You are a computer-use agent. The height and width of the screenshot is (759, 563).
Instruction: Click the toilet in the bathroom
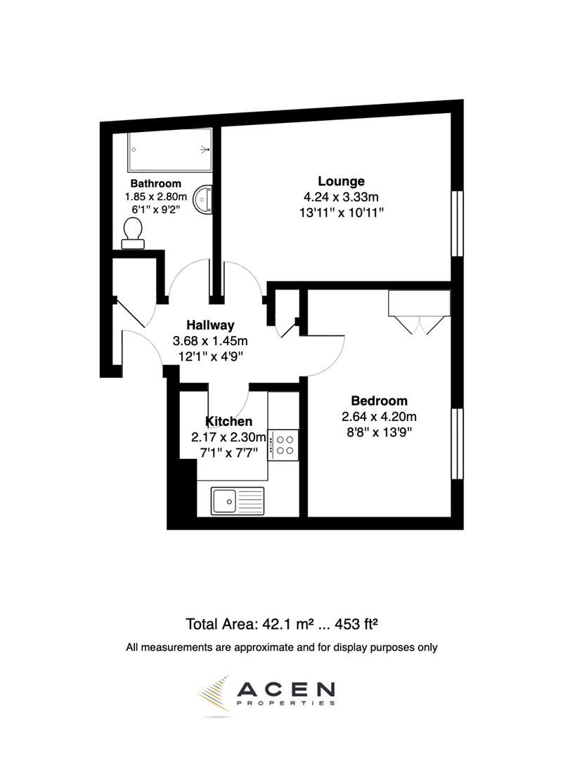click(x=132, y=233)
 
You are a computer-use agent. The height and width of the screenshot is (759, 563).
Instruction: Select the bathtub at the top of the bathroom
click(x=169, y=150)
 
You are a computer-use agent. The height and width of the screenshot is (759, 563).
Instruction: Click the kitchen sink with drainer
click(x=237, y=500)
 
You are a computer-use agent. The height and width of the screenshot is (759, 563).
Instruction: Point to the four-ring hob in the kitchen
click(x=285, y=445)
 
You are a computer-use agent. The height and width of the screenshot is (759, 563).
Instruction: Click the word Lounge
click(x=341, y=181)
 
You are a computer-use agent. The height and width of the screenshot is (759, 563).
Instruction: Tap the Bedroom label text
click(x=379, y=401)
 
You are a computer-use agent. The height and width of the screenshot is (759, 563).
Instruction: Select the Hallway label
click(x=210, y=325)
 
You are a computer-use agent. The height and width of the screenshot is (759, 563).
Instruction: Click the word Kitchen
click(x=228, y=422)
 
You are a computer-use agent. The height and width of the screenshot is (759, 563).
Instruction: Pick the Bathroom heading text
click(x=150, y=183)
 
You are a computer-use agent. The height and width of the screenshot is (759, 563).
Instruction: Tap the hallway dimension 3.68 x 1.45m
click(x=210, y=341)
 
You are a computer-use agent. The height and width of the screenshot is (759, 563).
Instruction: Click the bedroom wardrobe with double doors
click(x=419, y=304)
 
